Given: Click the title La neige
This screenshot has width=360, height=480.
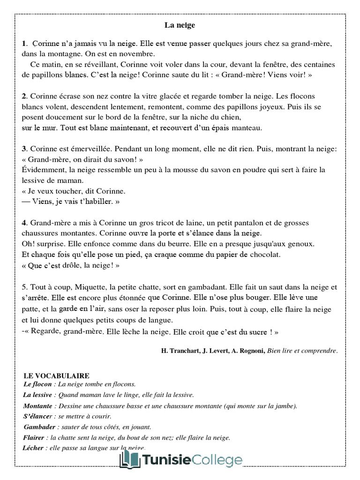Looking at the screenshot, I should click(180, 25).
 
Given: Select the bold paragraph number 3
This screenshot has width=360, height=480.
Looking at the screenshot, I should click(23, 149).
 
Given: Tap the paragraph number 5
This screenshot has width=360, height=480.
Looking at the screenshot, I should click(23, 287).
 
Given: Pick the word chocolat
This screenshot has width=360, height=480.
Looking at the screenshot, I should click(263, 255).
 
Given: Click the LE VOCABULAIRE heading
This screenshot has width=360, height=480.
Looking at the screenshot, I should click(56, 376).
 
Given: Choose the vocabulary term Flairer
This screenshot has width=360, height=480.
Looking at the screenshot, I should click(34, 437).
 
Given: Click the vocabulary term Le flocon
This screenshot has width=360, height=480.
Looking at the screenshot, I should click(37, 384).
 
